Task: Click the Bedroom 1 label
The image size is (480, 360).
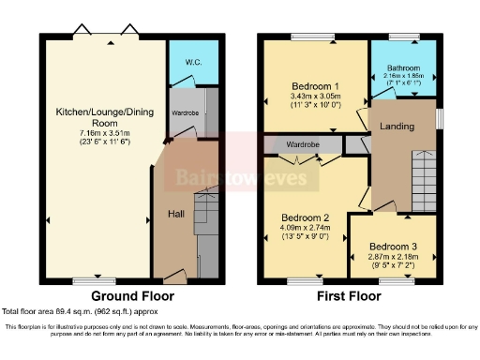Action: pos(316,85)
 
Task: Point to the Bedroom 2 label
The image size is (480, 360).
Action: pos(306,217)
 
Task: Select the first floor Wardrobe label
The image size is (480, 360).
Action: pos(304,145)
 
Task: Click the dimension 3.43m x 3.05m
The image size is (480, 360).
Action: pos(316,97)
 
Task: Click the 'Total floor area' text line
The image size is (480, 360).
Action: pos(80,310)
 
